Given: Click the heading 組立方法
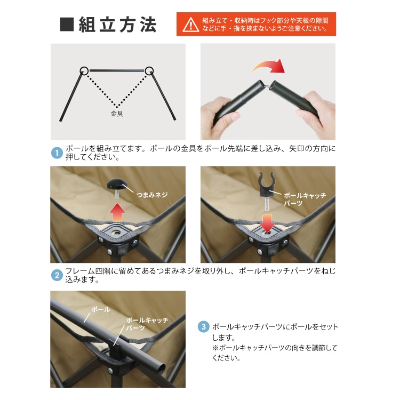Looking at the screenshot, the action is pyautogui.click(x=117, y=25).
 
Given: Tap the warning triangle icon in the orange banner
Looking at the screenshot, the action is pyautogui.click(x=190, y=25).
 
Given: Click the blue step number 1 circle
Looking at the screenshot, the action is pyautogui.click(x=57, y=153).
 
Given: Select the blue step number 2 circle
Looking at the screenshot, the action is pyautogui.click(x=57, y=275).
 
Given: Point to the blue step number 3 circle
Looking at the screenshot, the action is pyautogui.click(x=204, y=327).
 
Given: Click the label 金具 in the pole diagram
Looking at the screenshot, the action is pyautogui.click(x=117, y=114).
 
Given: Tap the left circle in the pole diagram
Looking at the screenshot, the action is pyautogui.click(x=84, y=70).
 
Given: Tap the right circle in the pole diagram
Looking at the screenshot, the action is pyautogui.click(x=149, y=70).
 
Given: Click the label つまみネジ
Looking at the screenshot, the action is pyautogui.click(x=152, y=195).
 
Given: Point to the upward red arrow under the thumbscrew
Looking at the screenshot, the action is pyautogui.click(x=117, y=212).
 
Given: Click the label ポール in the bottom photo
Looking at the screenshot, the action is pyautogui.click(x=100, y=309).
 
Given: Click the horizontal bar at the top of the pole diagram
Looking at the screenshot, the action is pyautogui.click(x=117, y=70).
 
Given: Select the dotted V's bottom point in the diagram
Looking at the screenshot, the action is pyautogui.click(x=117, y=107).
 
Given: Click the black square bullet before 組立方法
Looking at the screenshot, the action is pyautogui.click(x=67, y=25).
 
